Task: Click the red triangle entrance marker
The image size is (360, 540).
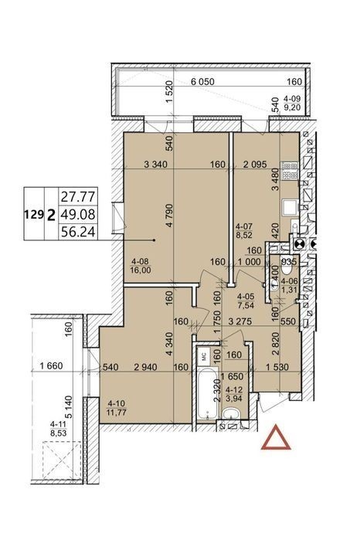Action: tap(276, 438)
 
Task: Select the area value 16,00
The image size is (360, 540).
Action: tap(140, 270)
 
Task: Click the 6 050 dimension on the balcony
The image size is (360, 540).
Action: tap(202, 82)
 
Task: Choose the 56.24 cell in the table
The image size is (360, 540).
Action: tap(78, 232)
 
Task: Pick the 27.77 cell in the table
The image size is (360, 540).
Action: tap(78, 197)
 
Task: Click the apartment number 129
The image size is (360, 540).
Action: tap(34, 215)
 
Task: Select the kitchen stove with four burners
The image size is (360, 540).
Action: tap(290, 171)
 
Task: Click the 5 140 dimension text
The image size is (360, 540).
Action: tap(70, 407)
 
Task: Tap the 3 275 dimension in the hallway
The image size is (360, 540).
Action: tap(240, 321)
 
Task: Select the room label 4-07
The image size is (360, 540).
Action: tap(244, 226)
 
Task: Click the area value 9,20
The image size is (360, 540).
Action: tap(292, 107)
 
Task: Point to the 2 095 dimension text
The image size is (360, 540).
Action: tap(255, 165)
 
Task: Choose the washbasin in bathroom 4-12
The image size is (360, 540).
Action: tap(231, 414)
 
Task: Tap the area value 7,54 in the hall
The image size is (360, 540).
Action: tap(246, 304)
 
